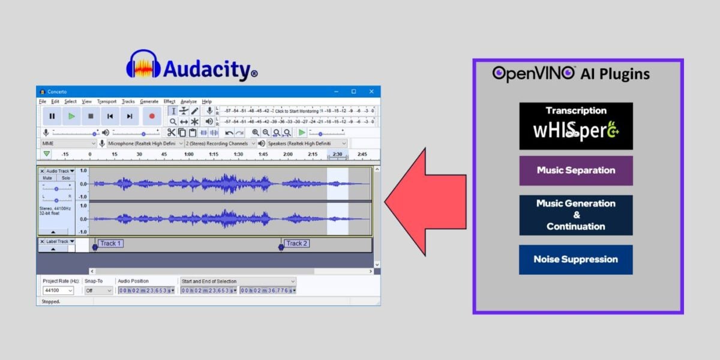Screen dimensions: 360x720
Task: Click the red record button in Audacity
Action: [x=151, y=116]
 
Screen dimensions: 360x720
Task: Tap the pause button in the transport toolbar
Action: [x=52, y=116]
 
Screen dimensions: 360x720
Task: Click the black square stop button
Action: [x=91, y=116]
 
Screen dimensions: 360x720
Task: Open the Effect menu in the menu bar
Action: [x=169, y=101]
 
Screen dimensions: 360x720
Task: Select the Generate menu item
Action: [x=149, y=101]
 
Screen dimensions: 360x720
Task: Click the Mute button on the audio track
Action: [x=47, y=178]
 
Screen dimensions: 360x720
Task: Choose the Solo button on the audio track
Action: [x=65, y=178]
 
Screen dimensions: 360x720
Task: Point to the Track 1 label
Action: [x=110, y=244]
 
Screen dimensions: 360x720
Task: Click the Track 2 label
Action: [x=296, y=244]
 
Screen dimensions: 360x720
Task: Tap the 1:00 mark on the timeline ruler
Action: [x=188, y=154]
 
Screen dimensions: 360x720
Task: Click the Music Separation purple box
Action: [x=575, y=170]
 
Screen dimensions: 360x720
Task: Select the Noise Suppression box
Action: [x=575, y=259]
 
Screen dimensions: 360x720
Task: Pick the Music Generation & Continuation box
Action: [x=575, y=215]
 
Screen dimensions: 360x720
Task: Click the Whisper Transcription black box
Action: [x=575, y=125]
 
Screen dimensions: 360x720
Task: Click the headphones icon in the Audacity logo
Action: [x=143, y=65]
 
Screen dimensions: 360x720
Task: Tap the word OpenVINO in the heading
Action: [x=534, y=73]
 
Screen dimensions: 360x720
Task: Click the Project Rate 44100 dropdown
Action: [x=58, y=290]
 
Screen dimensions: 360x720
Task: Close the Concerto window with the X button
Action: [x=372, y=91]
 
